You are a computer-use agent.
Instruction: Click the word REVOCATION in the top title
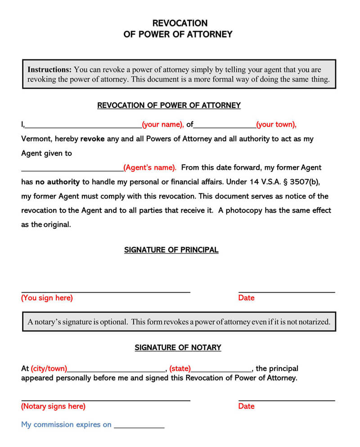tap(180, 23)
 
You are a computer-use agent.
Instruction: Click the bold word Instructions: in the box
tap(49, 70)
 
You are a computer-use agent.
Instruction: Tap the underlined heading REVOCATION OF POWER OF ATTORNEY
tap(169, 105)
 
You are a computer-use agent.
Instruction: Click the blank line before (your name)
tap(83, 126)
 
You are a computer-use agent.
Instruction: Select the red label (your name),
tap(163, 125)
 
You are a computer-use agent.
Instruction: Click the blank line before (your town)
tap(225, 126)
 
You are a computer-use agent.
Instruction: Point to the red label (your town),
tap(276, 125)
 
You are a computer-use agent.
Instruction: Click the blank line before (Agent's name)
tap(72, 169)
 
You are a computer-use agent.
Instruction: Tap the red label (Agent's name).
tap(150, 167)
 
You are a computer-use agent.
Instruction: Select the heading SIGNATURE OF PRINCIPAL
tap(171, 250)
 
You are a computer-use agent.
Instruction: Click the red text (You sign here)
tap(47, 298)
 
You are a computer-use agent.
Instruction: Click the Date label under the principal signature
tap(246, 298)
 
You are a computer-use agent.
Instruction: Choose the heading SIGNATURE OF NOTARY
tap(178, 348)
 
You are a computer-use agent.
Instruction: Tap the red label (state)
tap(180, 369)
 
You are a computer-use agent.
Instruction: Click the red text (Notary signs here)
tap(53, 406)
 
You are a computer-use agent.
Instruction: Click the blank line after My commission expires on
tap(139, 426)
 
